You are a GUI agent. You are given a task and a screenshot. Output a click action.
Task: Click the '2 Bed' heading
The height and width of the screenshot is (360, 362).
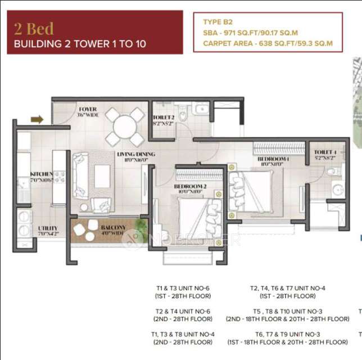34,28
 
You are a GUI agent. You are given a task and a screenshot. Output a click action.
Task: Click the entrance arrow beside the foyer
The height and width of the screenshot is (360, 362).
37,119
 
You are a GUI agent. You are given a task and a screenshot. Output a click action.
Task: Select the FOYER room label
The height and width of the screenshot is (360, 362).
87,109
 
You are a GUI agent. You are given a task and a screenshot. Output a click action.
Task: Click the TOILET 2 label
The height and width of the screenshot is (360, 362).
163,118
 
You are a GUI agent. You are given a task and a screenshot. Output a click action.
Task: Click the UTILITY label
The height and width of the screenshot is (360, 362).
47,228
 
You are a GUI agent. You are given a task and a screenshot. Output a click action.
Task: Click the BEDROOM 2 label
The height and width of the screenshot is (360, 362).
188,186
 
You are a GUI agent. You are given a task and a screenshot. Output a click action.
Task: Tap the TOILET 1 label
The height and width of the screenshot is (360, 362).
325,152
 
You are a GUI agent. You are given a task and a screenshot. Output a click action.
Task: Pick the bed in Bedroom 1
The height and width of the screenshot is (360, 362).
253,190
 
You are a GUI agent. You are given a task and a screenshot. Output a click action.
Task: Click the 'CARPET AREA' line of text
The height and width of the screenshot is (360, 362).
268,43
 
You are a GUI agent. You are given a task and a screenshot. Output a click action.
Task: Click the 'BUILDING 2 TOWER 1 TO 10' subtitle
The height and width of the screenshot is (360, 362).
80,44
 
